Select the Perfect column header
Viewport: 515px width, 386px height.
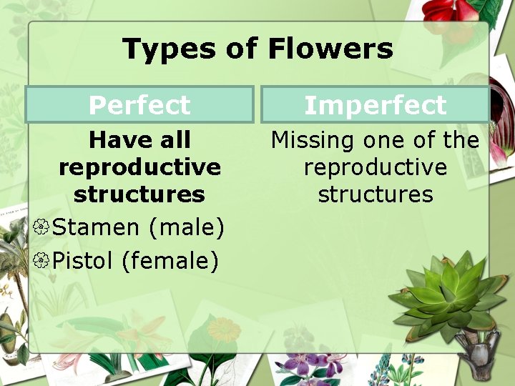pos(139,105)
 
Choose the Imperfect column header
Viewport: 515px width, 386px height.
pos(375,105)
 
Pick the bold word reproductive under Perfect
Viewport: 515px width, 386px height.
pos(139,167)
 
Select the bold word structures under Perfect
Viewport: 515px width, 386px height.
pos(139,194)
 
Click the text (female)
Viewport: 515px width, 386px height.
pos(170,261)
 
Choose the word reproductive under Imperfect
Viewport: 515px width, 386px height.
pos(375,167)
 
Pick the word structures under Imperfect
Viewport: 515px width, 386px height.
pos(375,194)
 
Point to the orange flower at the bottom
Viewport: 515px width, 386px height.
pos(224,330)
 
